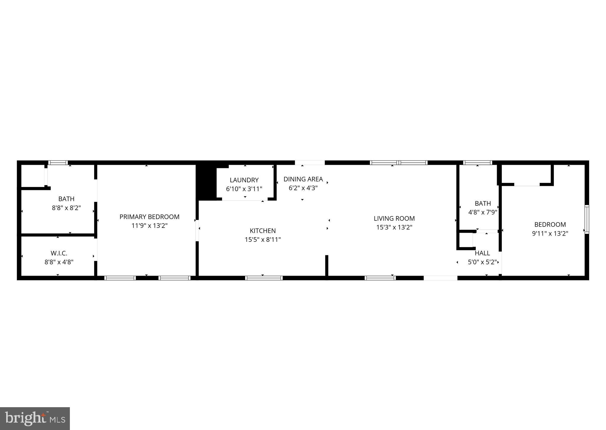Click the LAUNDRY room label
244,180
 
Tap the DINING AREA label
303,179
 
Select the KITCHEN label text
263,231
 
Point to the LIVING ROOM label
394,218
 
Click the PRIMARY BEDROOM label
149,217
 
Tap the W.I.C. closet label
59,253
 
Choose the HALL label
482,253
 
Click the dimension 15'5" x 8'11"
263,239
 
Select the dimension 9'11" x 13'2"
550,234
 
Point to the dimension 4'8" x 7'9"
483,212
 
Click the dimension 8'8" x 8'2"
66,208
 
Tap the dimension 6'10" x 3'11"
244,189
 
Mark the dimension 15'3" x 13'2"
394,227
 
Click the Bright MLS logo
35,418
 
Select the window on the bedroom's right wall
586,219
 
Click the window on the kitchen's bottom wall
264,278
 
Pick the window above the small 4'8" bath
478,162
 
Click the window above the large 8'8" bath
58,162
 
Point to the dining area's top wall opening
310,162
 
